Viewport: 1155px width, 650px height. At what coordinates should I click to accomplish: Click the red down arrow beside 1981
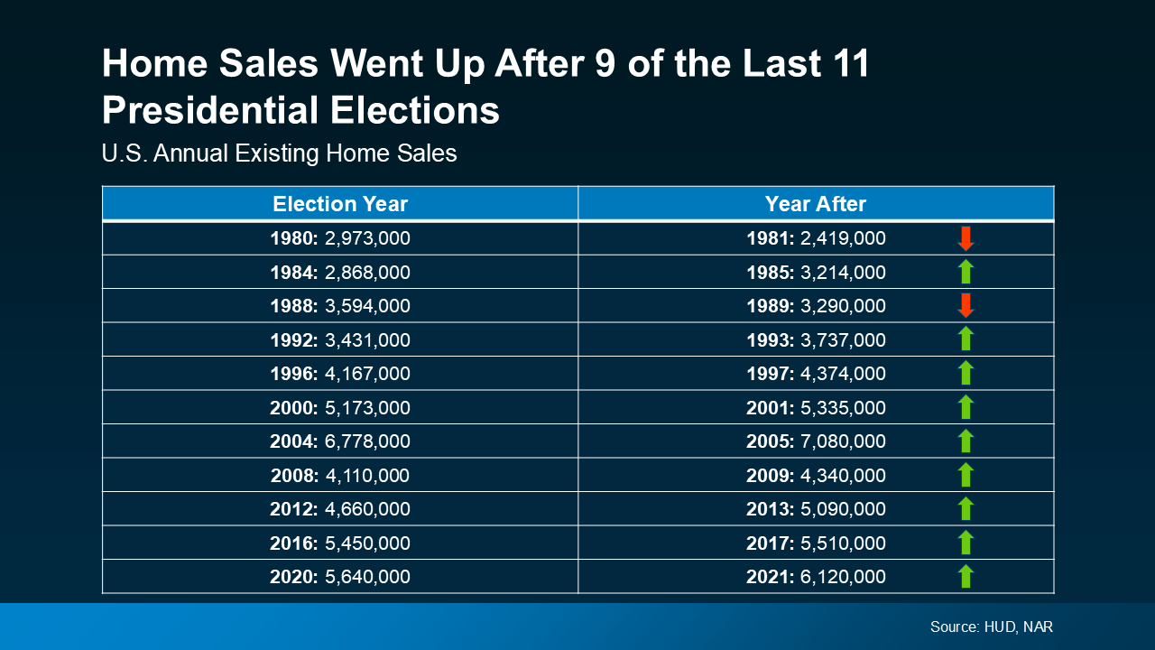(966, 238)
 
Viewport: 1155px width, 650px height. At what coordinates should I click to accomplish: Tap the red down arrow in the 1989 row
(966, 306)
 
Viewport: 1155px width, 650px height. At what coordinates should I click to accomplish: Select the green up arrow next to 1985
(966, 272)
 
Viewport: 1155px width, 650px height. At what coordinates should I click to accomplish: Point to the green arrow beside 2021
(966, 576)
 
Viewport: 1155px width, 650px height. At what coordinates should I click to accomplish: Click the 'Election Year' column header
(340, 204)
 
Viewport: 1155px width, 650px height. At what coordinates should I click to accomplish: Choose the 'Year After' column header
(815, 204)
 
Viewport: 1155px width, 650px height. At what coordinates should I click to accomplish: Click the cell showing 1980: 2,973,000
(340, 238)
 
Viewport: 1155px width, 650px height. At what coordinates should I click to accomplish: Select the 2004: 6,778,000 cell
(340, 441)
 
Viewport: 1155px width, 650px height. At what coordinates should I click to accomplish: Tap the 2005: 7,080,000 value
(816, 441)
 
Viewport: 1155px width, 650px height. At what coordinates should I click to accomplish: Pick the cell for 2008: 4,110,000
(340, 475)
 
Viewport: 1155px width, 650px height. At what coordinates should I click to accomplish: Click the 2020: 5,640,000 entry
(340, 577)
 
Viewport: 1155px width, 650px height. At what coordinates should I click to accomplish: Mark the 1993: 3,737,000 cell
(816, 339)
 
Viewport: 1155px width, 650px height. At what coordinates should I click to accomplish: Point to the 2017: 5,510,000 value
(816, 543)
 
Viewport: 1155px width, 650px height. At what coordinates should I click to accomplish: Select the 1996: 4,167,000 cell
(340, 374)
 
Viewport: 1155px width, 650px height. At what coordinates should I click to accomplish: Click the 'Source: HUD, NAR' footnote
(991, 627)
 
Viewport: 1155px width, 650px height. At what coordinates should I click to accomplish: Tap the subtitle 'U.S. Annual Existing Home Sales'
(280, 153)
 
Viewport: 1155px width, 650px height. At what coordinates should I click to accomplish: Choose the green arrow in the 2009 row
(966, 475)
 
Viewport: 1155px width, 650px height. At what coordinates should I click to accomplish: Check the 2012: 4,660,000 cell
(340, 509)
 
